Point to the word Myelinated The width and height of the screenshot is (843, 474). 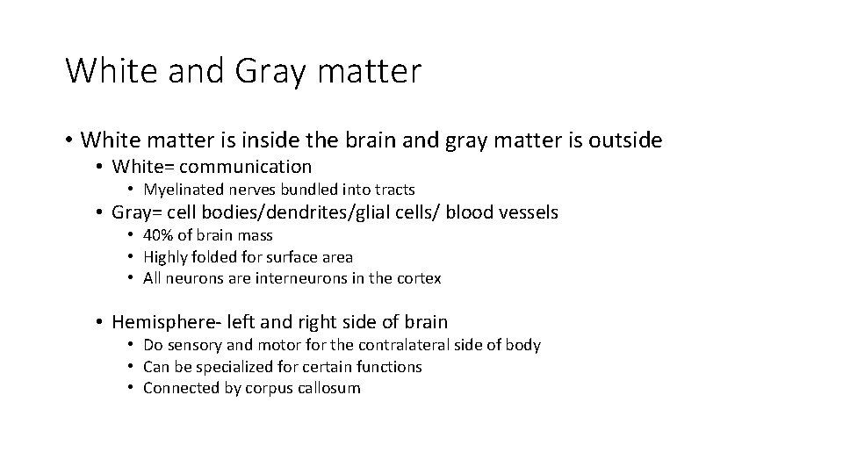(184, 190)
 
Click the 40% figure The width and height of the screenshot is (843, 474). (158, 235)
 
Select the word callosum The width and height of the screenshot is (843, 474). (329, 388)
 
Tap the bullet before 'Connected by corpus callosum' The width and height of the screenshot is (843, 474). (130, 388)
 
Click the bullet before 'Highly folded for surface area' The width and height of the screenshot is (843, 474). (130, 257)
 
